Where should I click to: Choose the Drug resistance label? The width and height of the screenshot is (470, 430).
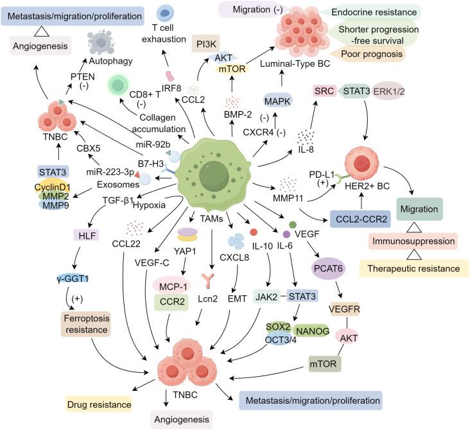[97, 403]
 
